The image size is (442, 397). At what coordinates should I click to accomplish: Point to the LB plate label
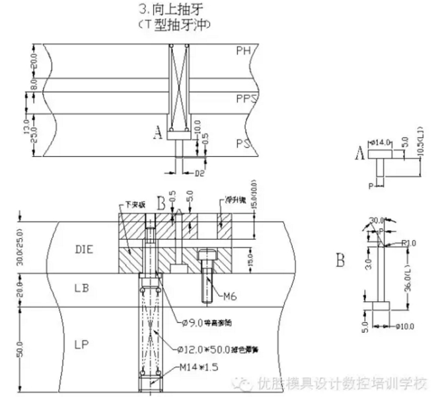(x=83, y=288)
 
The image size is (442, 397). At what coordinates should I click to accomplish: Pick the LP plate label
(x=83, y=345)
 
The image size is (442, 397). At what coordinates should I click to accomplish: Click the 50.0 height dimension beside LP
(x=22, y=346)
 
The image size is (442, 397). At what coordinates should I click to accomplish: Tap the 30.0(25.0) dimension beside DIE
(x=22, y=247)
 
